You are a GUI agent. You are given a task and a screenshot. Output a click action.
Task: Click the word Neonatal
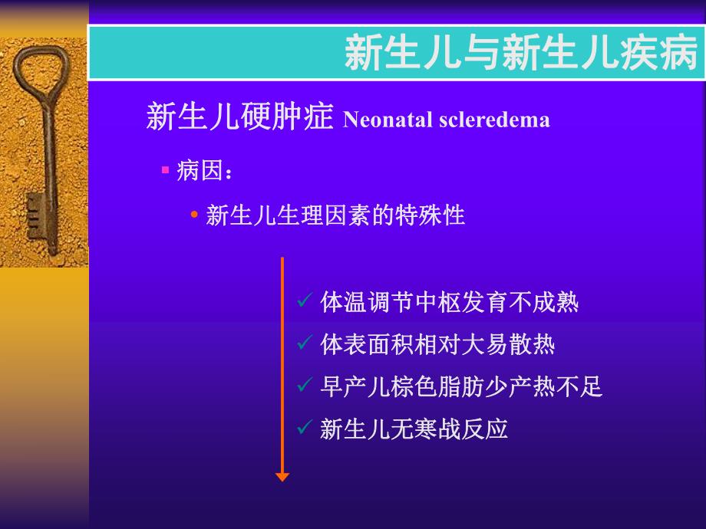coord(379,120)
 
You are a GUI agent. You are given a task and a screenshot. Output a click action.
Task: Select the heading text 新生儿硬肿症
coord(239,118)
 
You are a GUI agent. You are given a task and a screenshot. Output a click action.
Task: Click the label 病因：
coord(204,172)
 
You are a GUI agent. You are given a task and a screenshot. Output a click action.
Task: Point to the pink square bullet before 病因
coord(165,169)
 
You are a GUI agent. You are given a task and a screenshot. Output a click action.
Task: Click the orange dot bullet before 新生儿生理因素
coord(194,215)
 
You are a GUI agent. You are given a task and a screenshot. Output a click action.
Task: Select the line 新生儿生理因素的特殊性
coord(335,215)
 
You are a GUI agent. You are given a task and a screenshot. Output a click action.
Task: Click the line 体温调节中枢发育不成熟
coord(449,303)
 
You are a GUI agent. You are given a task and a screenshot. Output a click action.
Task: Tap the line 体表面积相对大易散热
coord(437,345)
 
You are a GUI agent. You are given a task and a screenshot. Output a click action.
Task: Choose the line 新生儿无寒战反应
coord(414,429)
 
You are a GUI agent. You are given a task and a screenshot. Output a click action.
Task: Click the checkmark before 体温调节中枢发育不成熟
coord(304,301)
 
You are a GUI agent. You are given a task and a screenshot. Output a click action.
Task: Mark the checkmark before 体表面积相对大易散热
coord(304,343)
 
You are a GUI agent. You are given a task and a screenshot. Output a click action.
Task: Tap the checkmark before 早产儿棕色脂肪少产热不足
coord(304,386)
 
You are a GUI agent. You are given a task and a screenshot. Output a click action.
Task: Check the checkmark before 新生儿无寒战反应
coord(304,427)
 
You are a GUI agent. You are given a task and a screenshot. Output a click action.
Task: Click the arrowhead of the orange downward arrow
coord(282,476)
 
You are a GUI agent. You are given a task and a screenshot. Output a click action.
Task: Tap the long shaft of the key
coord(49,169)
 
